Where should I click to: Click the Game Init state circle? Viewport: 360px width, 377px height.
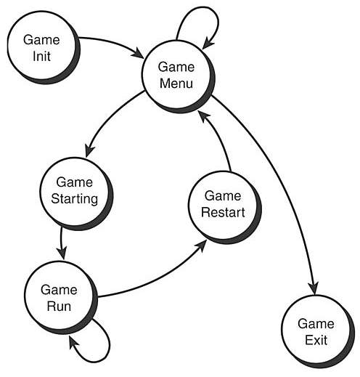tap(41, 46)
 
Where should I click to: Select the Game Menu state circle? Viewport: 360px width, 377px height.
tap(176, 75)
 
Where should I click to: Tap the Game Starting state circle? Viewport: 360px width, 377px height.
tap(76, 190)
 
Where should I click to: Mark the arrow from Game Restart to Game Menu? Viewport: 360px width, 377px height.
tap(221, 142)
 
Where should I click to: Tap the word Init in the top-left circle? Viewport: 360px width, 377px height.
tap(41, 56)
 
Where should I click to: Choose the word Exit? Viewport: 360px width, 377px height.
tap(316, 340)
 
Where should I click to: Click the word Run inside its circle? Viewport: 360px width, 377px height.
tap(60, 306)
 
